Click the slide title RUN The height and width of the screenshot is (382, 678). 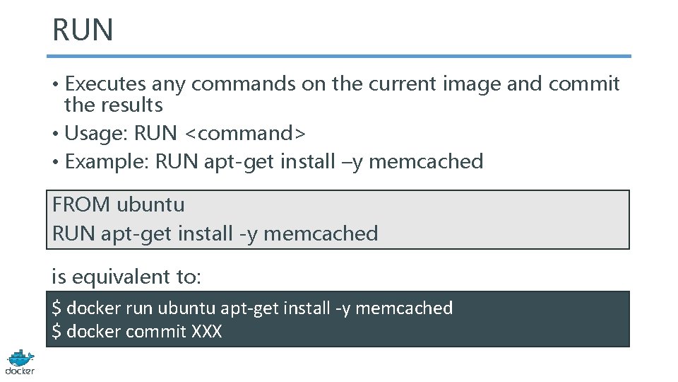pos(83,30)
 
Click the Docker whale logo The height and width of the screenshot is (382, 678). pos(20,361)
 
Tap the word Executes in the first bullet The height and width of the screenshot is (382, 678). pos(105,83)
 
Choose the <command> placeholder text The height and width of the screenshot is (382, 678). pos(244,133)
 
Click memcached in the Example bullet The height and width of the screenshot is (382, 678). pos(426,161)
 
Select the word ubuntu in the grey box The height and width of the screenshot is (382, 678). pos(150,205)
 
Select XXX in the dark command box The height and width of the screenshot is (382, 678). pos(206,331)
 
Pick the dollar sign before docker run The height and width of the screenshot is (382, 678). pos(56,308)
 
